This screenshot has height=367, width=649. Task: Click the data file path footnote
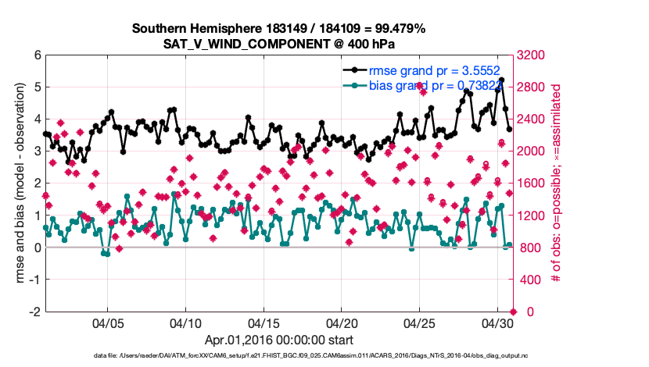301,355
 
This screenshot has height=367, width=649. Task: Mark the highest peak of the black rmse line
501,80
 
